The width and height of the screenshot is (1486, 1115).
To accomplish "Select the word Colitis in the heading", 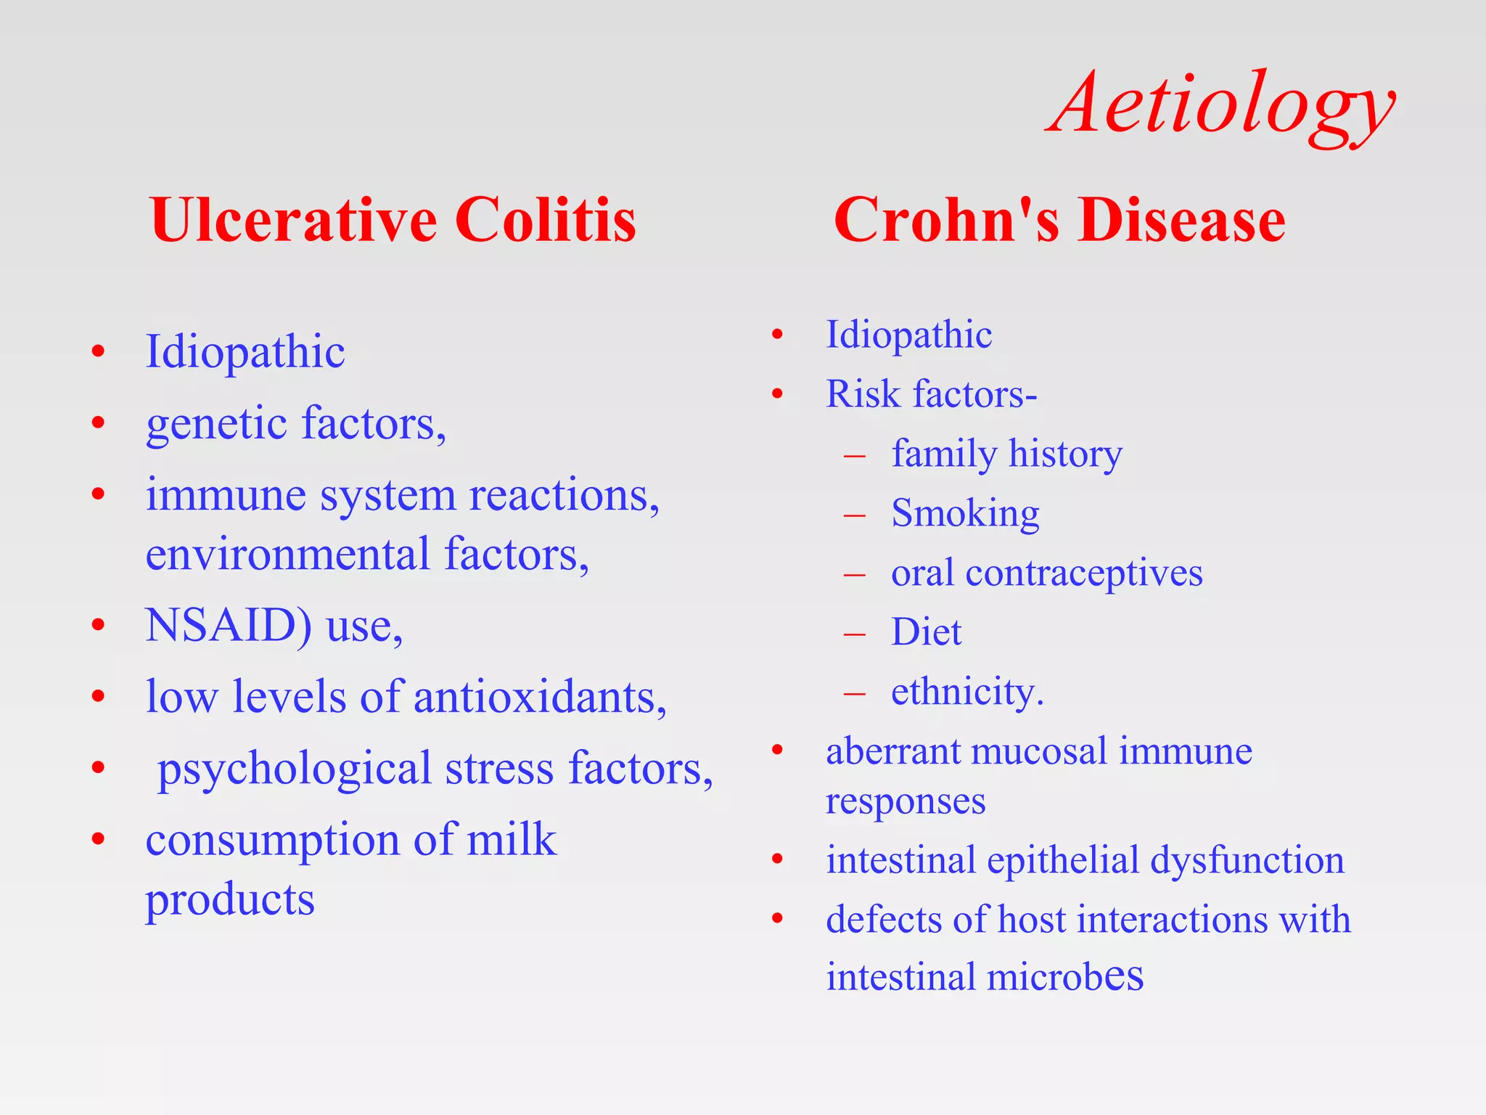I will [545, 220].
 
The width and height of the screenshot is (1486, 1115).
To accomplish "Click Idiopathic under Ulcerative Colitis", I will [245, 353].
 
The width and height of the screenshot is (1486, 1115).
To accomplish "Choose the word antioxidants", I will [539, 697].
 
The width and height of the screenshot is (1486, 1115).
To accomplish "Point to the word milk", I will [511, 841].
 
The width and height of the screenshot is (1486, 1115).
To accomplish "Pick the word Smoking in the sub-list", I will [965, 514].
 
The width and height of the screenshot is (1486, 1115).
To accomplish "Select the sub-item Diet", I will [926, 632].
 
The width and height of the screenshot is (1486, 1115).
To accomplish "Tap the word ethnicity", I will [966, 692].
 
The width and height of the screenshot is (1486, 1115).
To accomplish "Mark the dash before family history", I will [855, 456].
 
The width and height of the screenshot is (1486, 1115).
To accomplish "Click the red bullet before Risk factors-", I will [777, 394].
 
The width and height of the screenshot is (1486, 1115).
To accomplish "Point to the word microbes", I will [1064, 977].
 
